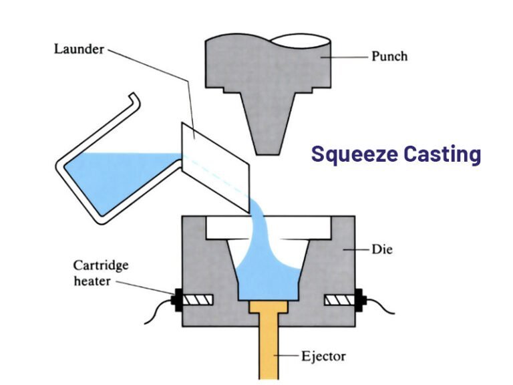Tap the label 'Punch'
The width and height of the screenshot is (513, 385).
(389, 57)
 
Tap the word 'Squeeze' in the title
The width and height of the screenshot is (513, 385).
(353, 154)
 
